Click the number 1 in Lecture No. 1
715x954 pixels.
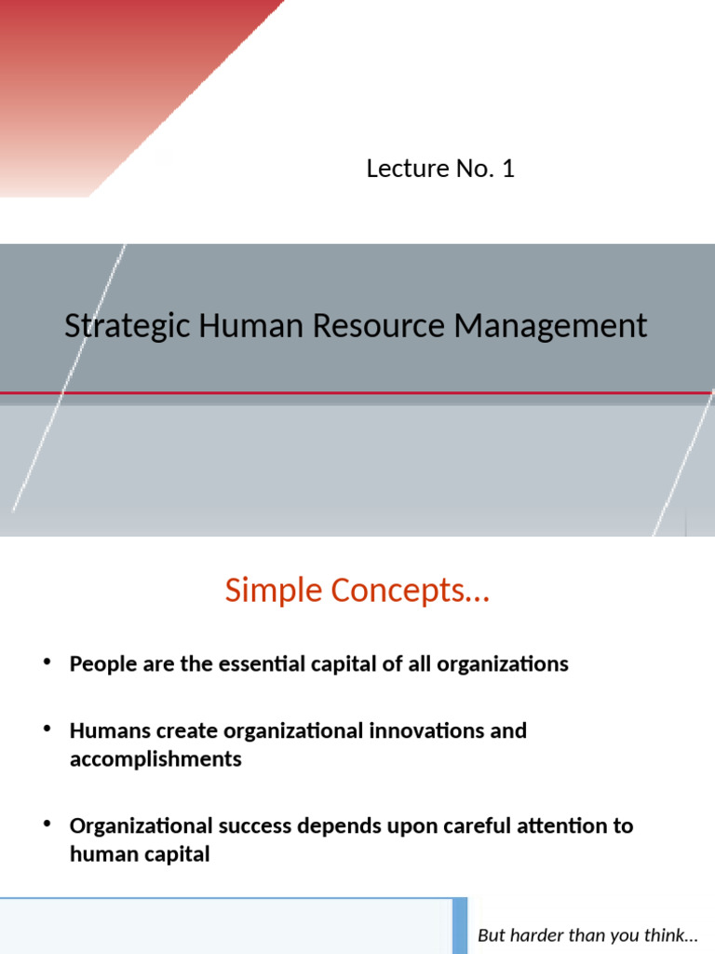click(507, 169)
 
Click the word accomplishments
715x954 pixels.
click(155, 759)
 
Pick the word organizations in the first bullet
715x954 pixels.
click(503, 664)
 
